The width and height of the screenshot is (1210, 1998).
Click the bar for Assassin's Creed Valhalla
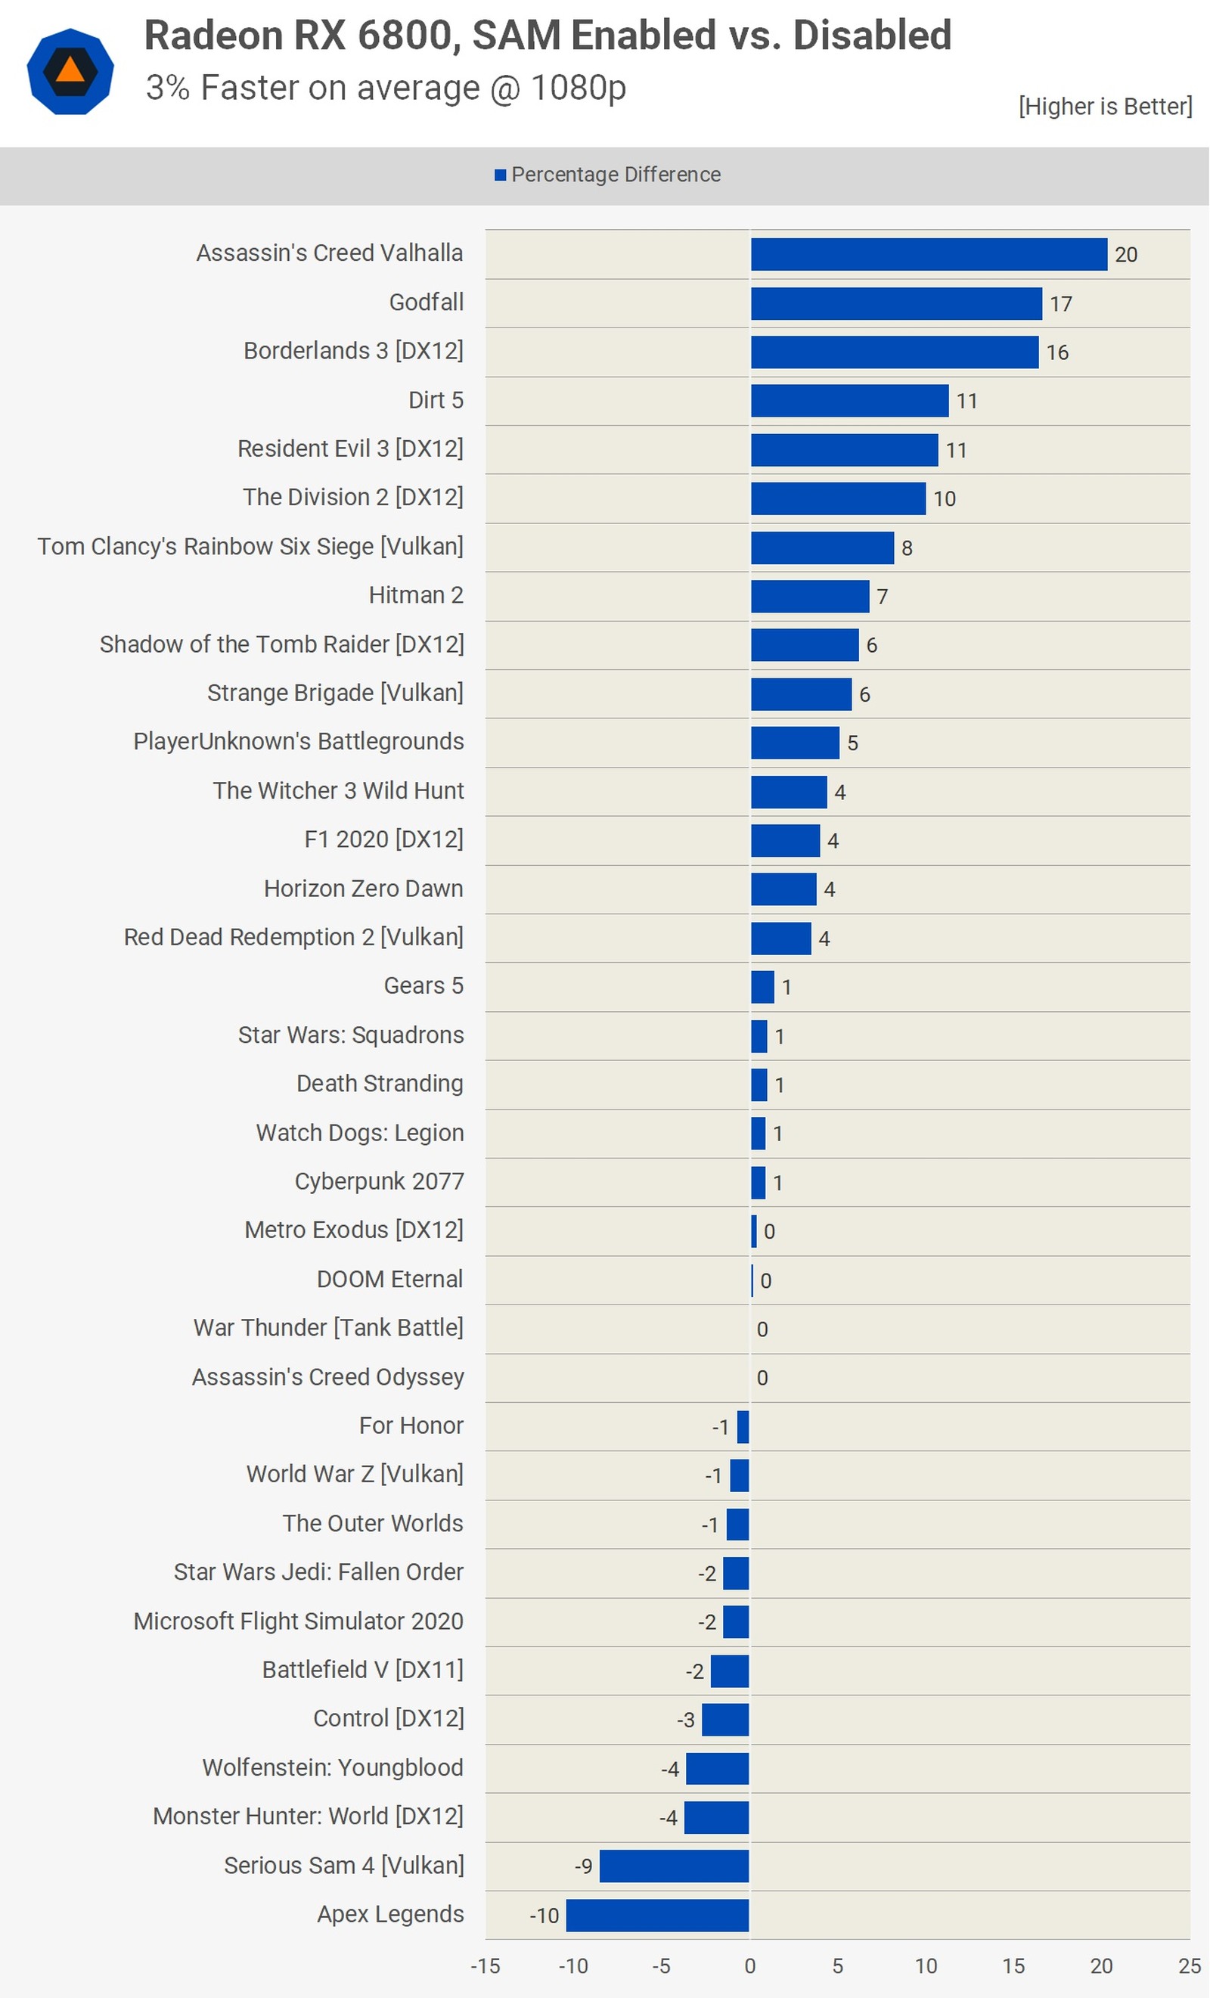tap(929, 255)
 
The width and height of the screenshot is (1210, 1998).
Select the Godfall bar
tap(896, 304)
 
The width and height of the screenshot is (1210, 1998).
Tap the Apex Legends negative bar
tap(658, 1916)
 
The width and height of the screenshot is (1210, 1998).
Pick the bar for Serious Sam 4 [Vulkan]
tap(674, 1866)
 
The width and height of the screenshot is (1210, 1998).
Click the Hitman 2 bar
tap(809, 597)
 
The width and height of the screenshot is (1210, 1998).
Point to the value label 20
tap(1125, 256)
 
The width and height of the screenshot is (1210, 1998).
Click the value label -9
tap(583, 1866)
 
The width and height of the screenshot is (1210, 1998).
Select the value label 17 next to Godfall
tap(1061, 304)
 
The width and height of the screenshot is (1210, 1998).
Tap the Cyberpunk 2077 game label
tap(379, 1181)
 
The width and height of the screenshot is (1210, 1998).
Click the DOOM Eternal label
tap(389, 1279)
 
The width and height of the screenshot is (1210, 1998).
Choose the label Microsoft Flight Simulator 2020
tap(299, 1621)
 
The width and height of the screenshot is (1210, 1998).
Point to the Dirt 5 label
tap(436, 400)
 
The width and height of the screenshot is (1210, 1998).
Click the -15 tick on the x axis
tap(485, 1966)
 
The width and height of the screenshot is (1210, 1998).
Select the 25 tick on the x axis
tap(1189, 1966)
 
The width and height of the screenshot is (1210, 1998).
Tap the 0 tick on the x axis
tap(749, 1966)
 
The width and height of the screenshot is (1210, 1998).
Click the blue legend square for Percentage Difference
tap(501, 175)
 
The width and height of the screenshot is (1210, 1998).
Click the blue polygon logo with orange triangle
tap(70, 71)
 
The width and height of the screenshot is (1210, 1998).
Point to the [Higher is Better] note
tap(1105, 106)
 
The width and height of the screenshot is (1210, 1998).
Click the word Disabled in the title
tap(872, 36)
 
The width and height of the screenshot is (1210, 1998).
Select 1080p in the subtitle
tap(579, 88)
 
